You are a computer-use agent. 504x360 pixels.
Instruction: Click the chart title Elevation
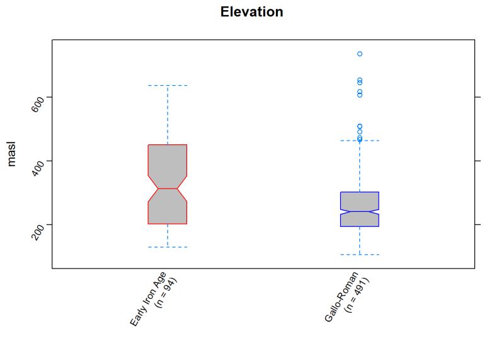pos(251,12)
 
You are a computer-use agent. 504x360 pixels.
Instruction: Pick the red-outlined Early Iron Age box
pos(168,158)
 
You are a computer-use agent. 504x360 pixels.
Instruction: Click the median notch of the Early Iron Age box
pos(168,189)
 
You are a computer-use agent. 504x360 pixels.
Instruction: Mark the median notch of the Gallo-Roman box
pos(359,211)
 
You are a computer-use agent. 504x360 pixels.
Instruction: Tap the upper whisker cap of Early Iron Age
pos(168,85)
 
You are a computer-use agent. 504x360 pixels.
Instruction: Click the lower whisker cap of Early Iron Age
pos(168,247)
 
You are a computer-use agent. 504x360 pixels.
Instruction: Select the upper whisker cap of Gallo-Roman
pos(359,141)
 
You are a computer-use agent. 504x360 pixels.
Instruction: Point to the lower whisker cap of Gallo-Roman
pos(359,254)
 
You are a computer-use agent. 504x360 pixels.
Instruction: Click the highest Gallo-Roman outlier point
pos(359,54)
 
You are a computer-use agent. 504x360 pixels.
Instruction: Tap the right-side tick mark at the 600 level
pos(478,97)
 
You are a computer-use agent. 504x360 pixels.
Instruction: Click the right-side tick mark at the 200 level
pos(478,224)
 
